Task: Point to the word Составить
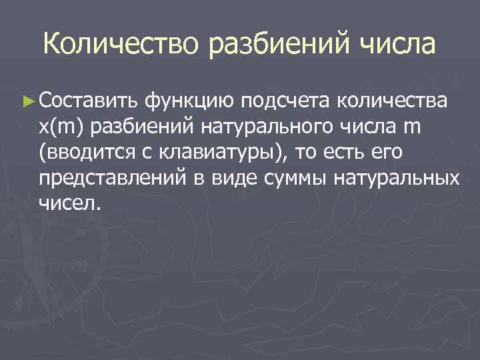(x=88, y=102)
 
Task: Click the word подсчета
(x=287, y=102)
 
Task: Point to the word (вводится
(x=80, y=153)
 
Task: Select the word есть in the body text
(x=338, y=153)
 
